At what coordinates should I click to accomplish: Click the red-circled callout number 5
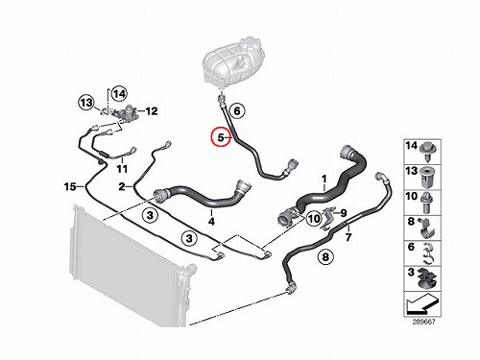click(221, 137)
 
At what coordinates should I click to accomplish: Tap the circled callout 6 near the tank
click(237, 110)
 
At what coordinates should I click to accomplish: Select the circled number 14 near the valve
click(119, 94)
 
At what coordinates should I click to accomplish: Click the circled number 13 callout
click(86, 103)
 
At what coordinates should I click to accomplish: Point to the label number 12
click(152, 111)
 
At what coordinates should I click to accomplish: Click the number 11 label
click(122, 168)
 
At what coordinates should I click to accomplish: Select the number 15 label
click(70, 186)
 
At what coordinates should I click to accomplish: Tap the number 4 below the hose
click(211, 221)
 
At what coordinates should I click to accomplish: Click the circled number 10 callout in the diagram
click(314, 219)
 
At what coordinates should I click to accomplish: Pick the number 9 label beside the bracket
click(344, 213)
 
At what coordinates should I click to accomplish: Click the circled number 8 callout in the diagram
click(325, 256)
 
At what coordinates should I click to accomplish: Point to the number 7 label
click(348, 237)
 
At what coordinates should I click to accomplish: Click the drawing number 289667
click(423, 322)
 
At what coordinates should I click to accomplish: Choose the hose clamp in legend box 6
click(427, 254)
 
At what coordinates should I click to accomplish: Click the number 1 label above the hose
click(324, 180)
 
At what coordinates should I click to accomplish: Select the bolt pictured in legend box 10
click(427, 204)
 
